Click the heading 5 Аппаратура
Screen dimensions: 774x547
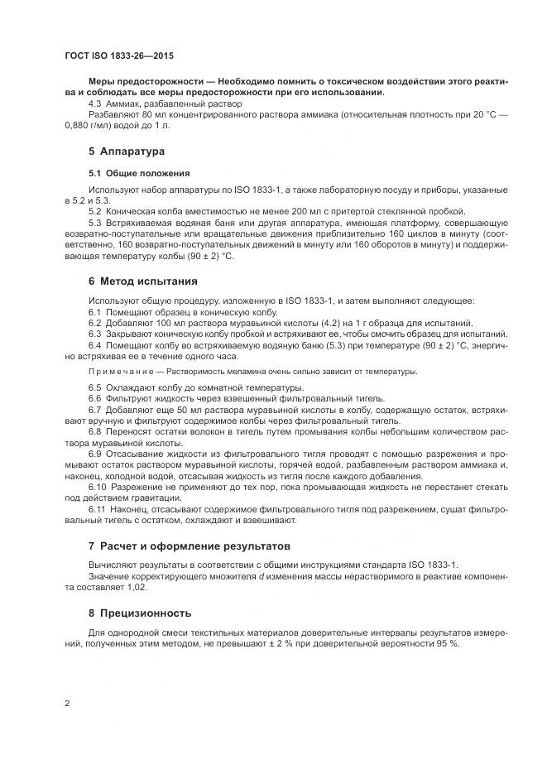tap(127, 152)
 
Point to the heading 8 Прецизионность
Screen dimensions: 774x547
tap(140, 613)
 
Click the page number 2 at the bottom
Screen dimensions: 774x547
tap(66, 704)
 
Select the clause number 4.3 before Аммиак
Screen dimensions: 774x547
tap(95, 104)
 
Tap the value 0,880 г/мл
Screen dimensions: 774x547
tap(89, 126)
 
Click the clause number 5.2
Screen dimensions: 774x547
tap(95, 211)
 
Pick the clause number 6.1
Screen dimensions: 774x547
tap(95, 311)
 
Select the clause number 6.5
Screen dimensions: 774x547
tap(95, 387)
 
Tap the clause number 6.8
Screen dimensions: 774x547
tap(95, 430)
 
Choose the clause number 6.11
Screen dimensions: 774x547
tap(98, 509)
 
